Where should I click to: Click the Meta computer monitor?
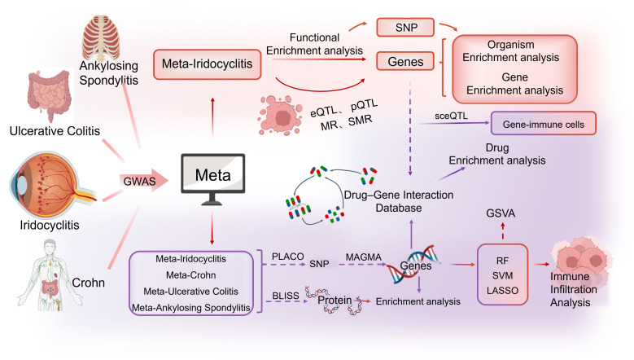(x=212, y=179)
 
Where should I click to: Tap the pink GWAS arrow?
(x=143, y=180)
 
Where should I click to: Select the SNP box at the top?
(x=405, y=28)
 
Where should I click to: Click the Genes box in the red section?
(x=405, y=61)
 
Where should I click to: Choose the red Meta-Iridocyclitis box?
(x=207, y=64)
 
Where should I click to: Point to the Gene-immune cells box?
(x=543, y=123)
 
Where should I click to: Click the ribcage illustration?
(x=101, y=37)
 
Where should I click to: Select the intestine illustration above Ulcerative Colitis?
(x=50, y=94)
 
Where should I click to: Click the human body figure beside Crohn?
(x=50, y=275)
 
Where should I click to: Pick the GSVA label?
(x=501, y=213)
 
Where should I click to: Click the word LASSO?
(x=502, y=291)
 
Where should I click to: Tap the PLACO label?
(x=287, y=257)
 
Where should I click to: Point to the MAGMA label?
(x=364, y=257)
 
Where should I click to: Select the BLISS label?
(x=286, y=296)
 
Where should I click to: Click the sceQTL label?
(x=451, y=116)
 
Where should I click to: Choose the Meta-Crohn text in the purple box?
(x=190, y=275)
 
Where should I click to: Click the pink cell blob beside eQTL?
(x=280, y=115)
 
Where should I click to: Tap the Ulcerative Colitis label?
(x=55, y=130)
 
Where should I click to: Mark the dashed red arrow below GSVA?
(x=503, y=230)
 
